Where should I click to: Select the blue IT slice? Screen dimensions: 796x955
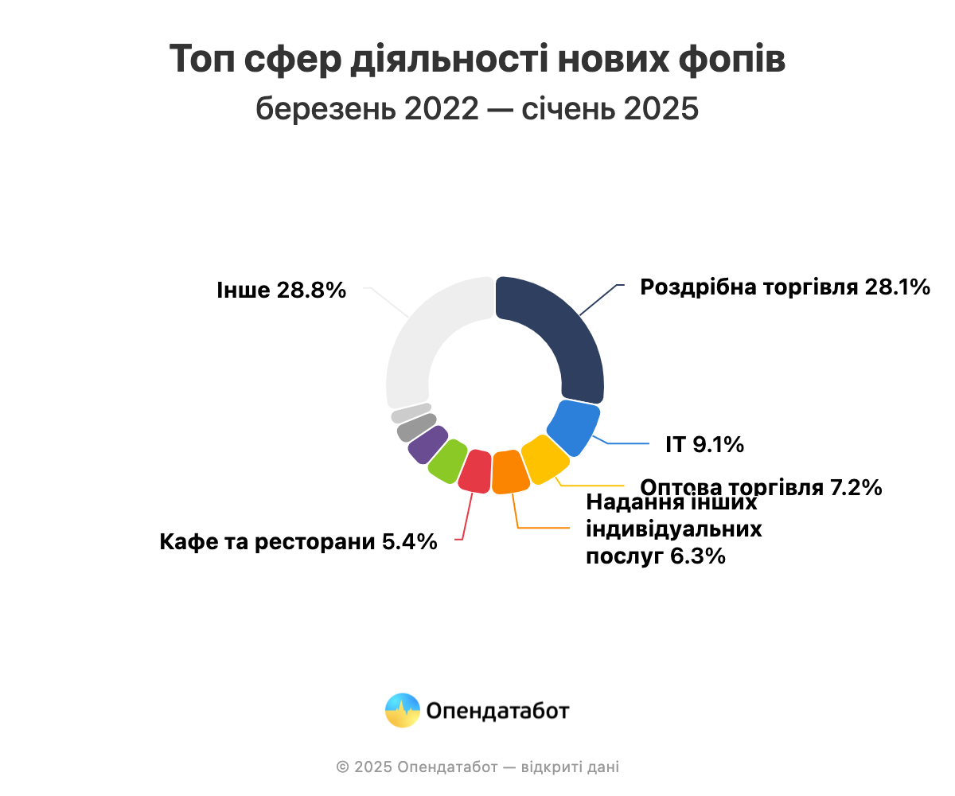575,427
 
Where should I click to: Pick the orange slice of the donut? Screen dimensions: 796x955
509,472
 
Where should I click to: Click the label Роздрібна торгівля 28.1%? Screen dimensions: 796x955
785,287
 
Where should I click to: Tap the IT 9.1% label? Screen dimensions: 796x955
704,444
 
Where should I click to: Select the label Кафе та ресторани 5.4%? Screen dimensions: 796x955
298,542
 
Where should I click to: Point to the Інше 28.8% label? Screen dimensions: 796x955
281,290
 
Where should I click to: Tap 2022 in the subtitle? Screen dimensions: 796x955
442,108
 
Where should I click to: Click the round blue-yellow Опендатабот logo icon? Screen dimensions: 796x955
403,710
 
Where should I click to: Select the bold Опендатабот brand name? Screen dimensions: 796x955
497,711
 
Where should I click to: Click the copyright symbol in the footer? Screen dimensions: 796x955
343,767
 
